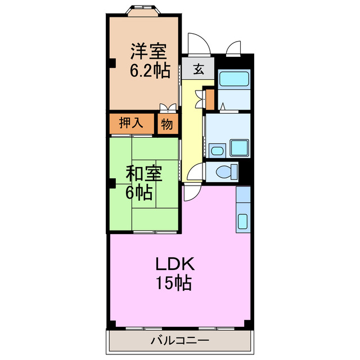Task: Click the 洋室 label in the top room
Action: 149,52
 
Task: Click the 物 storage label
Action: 167,124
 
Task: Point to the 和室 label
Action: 143,174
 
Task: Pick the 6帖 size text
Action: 138,193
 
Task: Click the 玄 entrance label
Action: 199,70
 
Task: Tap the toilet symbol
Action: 228,172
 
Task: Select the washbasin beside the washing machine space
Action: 215,150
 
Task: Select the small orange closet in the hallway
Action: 210,100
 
